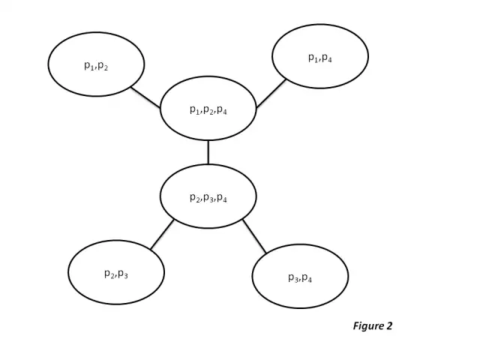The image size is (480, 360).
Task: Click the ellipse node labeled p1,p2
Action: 96,64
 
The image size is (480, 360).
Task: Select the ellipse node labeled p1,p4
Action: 320,56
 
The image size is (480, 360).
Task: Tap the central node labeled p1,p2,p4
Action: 208,108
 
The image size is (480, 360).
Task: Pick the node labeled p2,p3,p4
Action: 208,196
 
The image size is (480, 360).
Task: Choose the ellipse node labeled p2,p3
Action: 116,272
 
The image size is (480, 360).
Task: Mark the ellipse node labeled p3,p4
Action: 300,276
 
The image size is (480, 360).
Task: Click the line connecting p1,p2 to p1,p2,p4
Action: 145,97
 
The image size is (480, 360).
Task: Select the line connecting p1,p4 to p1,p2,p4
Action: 271,94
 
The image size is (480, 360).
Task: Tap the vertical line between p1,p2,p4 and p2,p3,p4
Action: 208,152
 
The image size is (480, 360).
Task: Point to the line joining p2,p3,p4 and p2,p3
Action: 162,234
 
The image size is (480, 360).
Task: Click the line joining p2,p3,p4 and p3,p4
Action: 254,236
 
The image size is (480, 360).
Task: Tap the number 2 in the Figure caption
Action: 389,326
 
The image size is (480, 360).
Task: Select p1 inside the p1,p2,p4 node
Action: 193,109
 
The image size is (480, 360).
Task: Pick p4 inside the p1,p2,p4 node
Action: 222,109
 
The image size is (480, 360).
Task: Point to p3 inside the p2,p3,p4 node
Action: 208,198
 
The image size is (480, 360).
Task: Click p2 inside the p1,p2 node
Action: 103,66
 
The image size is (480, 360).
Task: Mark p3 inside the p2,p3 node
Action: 123,274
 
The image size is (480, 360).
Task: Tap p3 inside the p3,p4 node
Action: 292,277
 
